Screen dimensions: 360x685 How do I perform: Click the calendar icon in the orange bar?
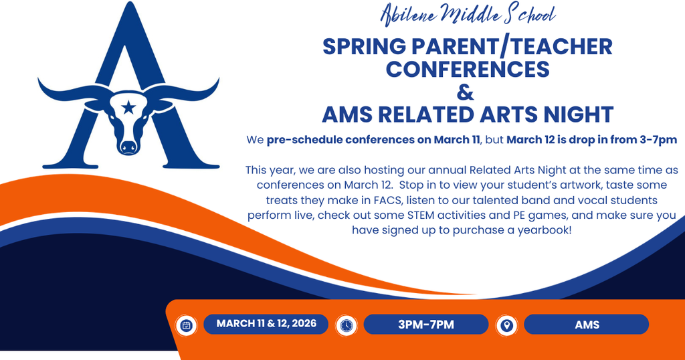coord(187,325)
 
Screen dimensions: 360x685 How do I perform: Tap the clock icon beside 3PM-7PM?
coord(346,325)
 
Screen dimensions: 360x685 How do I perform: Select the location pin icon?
coord(506,325)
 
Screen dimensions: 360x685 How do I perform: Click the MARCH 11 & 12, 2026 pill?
coord(265,325)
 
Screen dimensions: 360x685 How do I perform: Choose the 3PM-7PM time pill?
coord(425,325)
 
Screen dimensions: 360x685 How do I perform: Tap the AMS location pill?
coord(586,325)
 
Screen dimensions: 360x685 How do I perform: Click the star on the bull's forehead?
coord(128,106)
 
